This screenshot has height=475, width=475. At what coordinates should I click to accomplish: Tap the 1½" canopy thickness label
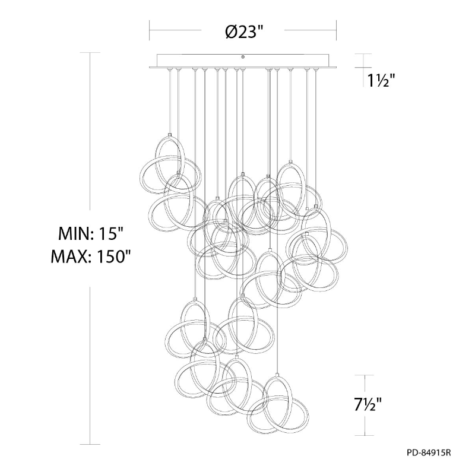(381, 81)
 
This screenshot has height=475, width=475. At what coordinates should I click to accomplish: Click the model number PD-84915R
(429, 452)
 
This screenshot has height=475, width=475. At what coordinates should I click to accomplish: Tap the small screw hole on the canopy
(242, 56)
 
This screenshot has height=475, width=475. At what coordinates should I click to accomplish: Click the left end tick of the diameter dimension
(150, 30)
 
